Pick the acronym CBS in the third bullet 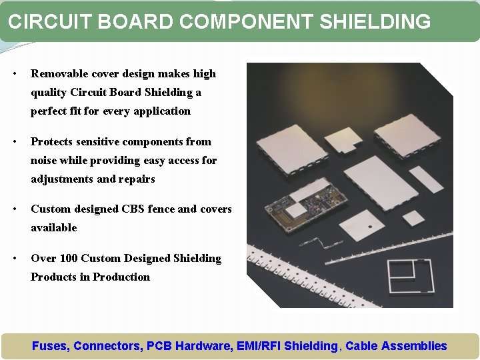click(133, 209)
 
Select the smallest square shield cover click(413, 218)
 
